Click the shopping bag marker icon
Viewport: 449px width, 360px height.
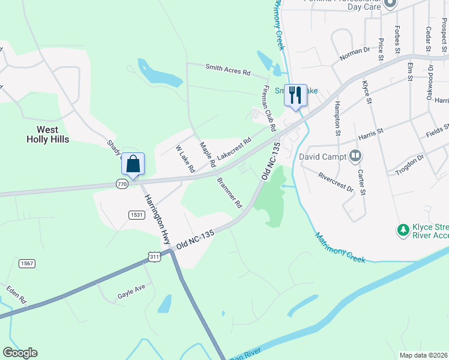click(133, 163)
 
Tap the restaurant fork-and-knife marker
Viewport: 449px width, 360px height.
click(295, 95)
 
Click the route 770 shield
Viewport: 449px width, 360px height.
click(122, 184)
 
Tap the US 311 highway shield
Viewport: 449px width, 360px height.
click(154, 256)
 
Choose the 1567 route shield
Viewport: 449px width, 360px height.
click(26, 263)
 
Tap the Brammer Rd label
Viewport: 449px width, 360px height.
click(229, 193)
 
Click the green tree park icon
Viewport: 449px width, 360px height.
click(403, 230)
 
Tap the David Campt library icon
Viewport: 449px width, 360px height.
click(355, 157)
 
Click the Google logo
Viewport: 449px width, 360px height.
click(20, 353)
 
